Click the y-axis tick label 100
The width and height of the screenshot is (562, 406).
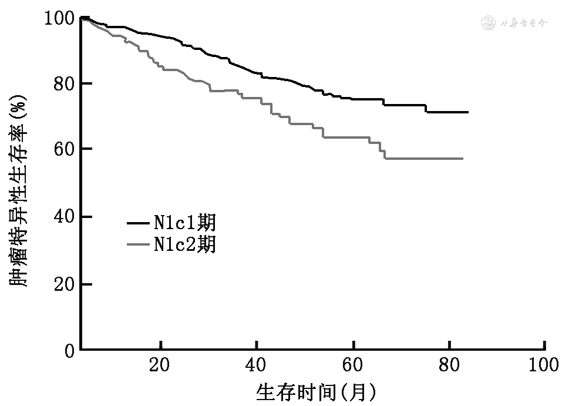[x=58, y=19]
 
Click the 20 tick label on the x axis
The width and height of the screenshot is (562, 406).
[x=160, y=365]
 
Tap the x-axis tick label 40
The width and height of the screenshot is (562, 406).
[x=257, y=365]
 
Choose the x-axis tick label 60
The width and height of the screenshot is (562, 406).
[x=353, y=365]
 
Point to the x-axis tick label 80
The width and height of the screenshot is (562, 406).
[x=449, y=365]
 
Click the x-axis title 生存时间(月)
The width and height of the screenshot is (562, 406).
[x=315, y=391]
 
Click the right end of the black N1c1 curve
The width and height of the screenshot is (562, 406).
[x=467, y=112]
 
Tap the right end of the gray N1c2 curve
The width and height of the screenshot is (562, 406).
[x=463, y=159]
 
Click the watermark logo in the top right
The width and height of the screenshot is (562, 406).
[x=514, y=24]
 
